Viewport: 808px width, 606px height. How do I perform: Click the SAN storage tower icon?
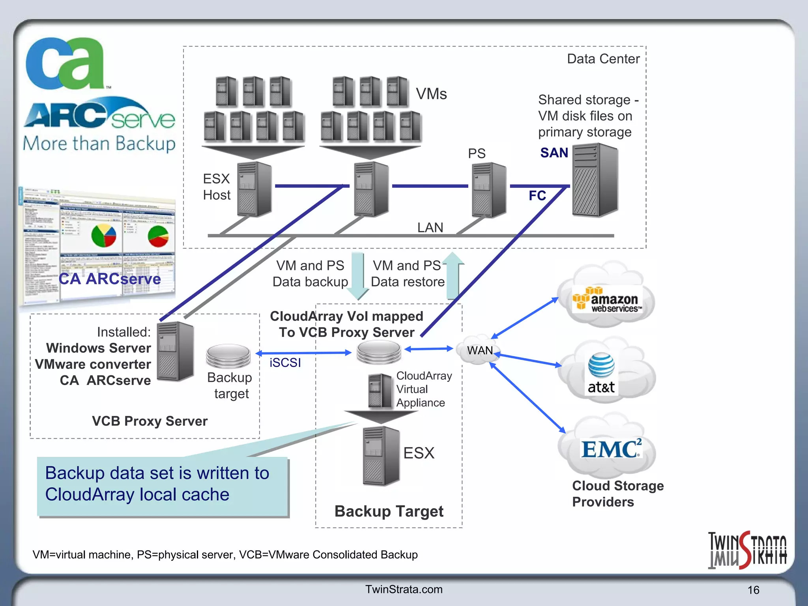(x=595, y=180)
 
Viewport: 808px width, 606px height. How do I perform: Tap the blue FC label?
(x=537, y=196)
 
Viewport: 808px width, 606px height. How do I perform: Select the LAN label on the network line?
(x=430, y=228)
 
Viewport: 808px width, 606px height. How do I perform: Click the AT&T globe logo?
(x=601, y=365)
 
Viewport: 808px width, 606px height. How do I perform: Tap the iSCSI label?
(x=285, y=363)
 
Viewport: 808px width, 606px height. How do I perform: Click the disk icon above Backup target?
(x=228, y=355)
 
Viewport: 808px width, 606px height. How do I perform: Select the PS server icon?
(x=489, y=190)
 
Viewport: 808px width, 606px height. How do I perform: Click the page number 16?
(x=753, y=590)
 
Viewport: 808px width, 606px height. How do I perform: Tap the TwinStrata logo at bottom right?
(x=747, y=550)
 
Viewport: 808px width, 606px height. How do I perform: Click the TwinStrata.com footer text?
(x=404, y=589)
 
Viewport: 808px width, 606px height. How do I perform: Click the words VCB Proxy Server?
(x=150, y=421)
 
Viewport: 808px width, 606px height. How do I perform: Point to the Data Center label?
(x=603, y=59)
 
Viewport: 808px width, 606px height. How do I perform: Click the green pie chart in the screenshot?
(x=158, y=236)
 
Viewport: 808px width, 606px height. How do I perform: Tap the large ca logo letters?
(x=65, y=63)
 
